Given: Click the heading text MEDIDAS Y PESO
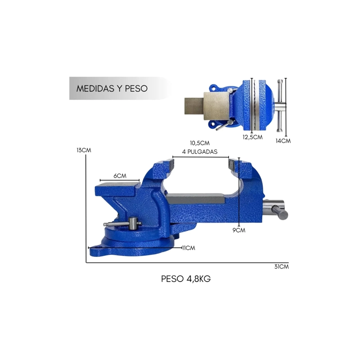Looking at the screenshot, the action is click(x=112, y=88).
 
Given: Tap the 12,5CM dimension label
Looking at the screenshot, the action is click(x=252, y=137).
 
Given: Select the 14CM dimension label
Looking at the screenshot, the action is click(x=283, y=141).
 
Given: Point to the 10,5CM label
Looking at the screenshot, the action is click(x=200, y=143).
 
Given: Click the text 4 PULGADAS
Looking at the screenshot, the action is click(x=200, y=152).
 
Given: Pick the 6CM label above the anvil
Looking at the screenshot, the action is click(x=120, y=176).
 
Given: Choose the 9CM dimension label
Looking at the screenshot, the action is click(x=239, y=230).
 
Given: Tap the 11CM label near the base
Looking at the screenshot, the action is click(x=189, y=248).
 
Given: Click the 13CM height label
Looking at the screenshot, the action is click(x=84, y=150).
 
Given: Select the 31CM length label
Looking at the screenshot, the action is click(x=282, y=267).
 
